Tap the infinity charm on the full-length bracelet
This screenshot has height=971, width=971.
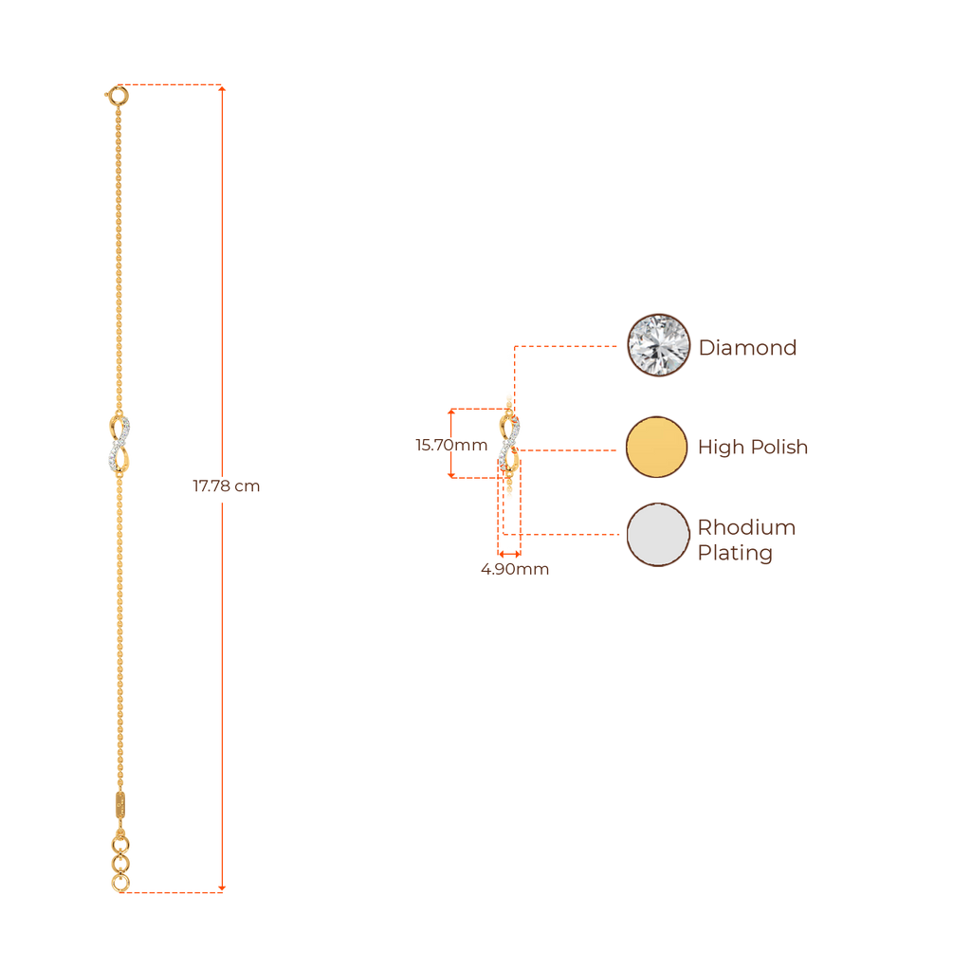point(119,443)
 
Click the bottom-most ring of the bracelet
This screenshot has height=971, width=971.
point(119,884)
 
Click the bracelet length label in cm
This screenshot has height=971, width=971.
point(226,487)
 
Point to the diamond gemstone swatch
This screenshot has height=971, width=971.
point(658,346)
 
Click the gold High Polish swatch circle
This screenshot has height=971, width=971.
point(657,447)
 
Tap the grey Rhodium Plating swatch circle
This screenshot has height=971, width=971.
point(657,535)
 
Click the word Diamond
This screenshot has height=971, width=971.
point(747,348)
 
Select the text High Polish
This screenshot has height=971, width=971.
point(753,448)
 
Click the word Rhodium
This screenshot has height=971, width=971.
point(746,527)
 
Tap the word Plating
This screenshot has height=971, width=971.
point(734,554)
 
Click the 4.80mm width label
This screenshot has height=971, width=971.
point(514,570)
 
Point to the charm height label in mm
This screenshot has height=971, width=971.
point(451,445)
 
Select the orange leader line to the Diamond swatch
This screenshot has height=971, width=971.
point(569,347)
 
